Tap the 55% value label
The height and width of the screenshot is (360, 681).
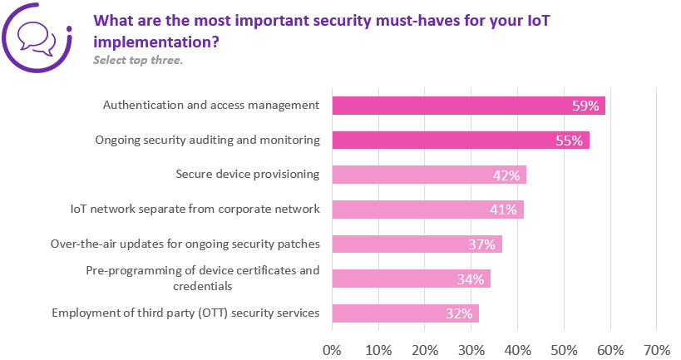click(569, 141)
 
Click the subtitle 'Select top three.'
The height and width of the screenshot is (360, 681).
click(137, 60)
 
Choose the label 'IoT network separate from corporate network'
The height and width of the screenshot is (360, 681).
click(195, 209)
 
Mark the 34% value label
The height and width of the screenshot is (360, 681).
click(470, 279)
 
